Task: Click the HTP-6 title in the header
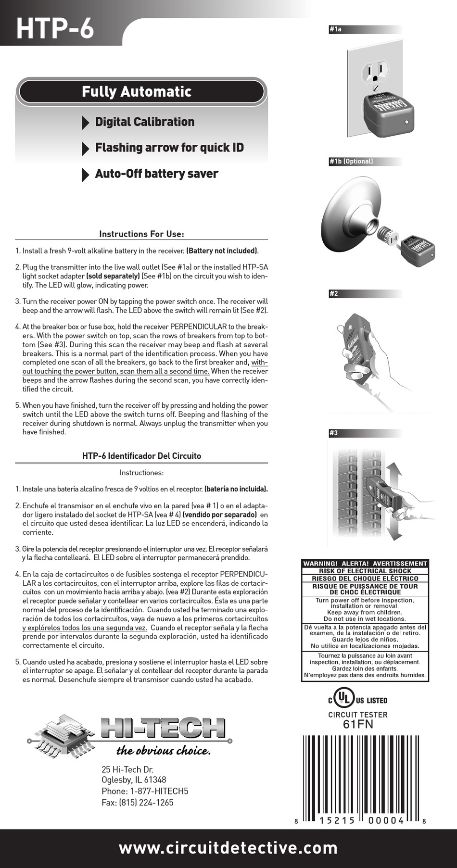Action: coord(54,27)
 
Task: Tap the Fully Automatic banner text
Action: coord(136,91)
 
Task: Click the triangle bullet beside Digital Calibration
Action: coord(86,123)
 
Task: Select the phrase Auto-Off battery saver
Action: coord(156,174)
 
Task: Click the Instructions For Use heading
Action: coord(141,234)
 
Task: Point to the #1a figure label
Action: coord(335,29)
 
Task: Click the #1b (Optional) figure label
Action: coord(351,161)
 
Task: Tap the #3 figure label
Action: coord(333,433)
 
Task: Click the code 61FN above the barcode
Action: coord(358,724)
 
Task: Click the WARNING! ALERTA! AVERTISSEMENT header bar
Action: coord(365,563)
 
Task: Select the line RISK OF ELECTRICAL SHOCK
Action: coord(365,571)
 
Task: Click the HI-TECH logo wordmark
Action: coord(163,728)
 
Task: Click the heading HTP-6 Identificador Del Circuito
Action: coord(141,455)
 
